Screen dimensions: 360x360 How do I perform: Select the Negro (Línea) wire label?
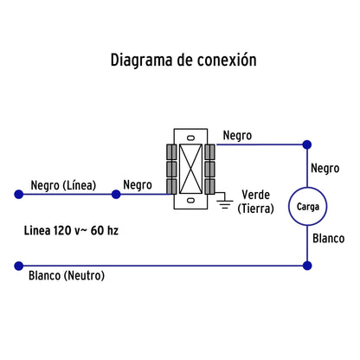tap(62, 184)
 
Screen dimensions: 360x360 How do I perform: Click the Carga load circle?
tap(306, 207)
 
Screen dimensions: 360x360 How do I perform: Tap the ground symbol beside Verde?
tap(222, 204)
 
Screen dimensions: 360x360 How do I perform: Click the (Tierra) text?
tap(257, 208)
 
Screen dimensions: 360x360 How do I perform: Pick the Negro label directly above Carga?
tap(324, 168)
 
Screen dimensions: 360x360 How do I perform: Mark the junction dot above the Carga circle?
tap(306, 144)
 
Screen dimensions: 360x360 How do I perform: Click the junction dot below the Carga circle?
tap(306, 265)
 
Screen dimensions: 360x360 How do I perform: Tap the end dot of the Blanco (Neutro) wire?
tap(16, 265)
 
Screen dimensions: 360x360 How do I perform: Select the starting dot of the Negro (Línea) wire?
tap(16, 194)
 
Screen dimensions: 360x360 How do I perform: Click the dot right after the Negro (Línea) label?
tap(116, 194)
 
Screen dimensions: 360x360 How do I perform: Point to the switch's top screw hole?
tap(189, 137)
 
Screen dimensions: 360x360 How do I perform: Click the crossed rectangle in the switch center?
tap(189, 169)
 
